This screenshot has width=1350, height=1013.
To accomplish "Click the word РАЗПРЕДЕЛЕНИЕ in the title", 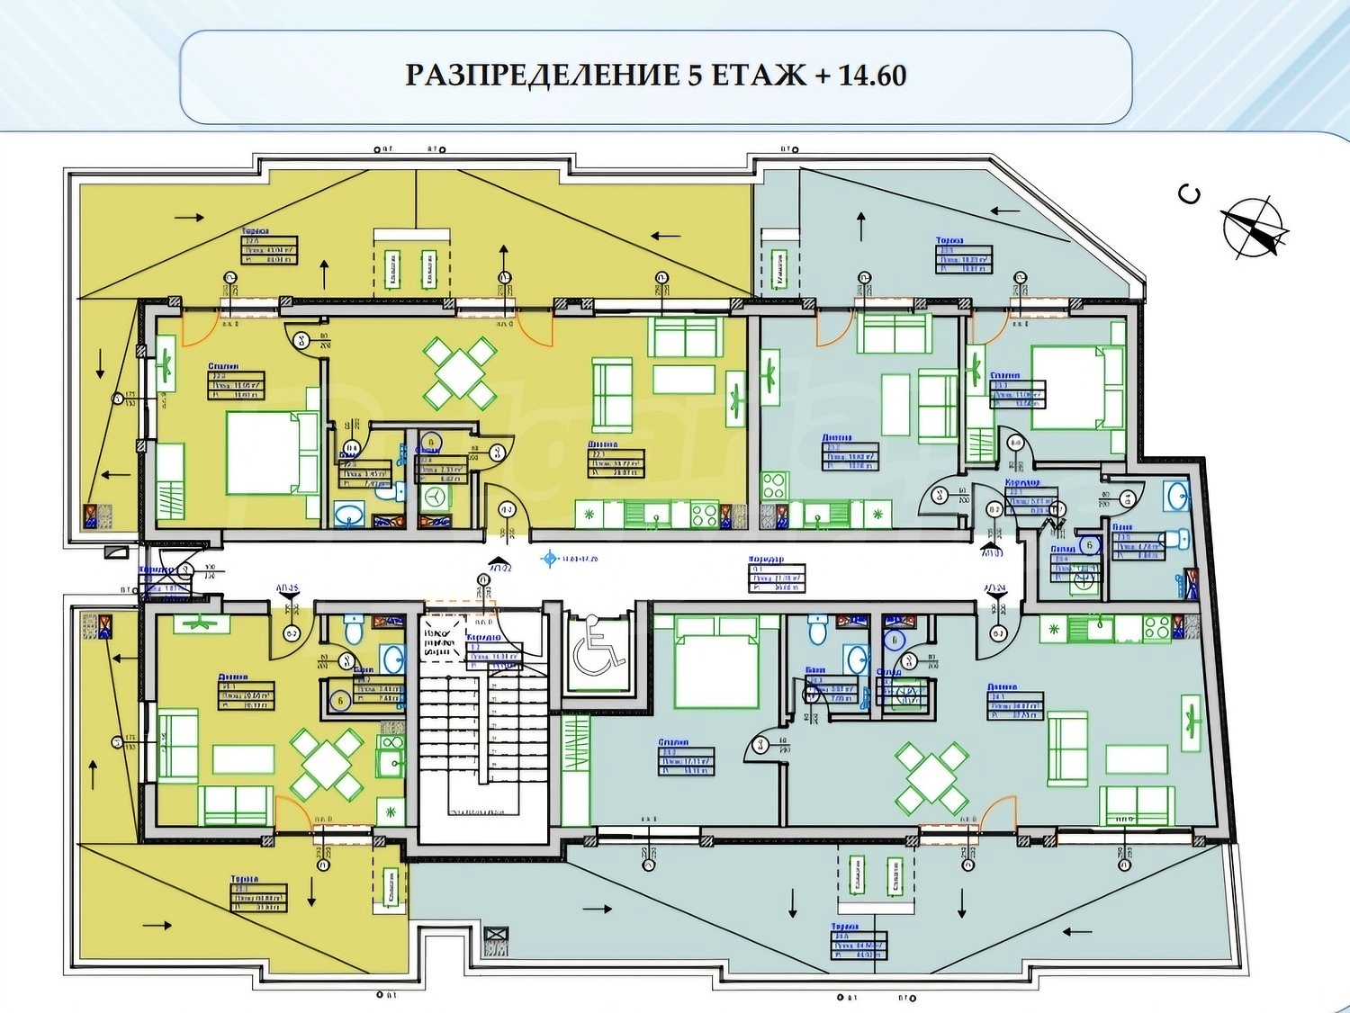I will [543, 76].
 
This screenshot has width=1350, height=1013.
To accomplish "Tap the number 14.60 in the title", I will [871, 76].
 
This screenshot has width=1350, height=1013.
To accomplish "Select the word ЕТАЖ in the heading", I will [758, 76].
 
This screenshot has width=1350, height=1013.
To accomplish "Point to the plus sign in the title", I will [823, 76].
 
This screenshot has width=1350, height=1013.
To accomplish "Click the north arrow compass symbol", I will [1253, 227].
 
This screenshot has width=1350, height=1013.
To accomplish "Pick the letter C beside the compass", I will [1190, 193].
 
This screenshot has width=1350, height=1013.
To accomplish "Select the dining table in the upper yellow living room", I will [459, 372].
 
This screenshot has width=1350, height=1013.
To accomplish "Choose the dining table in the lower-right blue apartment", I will [931, 777].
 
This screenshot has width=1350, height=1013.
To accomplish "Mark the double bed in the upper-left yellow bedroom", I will [271, 453].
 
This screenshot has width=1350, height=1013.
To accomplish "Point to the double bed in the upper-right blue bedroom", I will [1077, 387].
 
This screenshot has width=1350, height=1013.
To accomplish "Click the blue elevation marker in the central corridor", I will [549, 559].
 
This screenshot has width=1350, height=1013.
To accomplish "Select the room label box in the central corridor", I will [777, 576].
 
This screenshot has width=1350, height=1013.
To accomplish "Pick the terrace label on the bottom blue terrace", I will [858, 943].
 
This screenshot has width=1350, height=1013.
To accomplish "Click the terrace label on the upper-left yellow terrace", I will [269, 247].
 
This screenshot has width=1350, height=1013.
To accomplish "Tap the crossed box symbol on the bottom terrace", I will [496, 940].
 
